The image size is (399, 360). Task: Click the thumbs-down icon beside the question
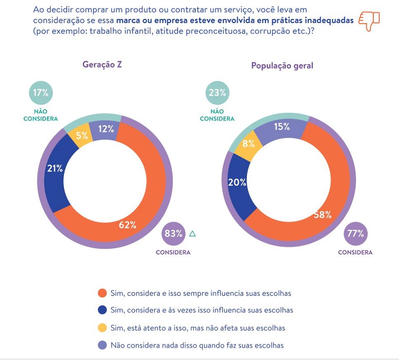369,21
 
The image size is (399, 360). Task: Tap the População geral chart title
282,66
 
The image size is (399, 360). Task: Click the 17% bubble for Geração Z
41,93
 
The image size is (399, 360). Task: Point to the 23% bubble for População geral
217,93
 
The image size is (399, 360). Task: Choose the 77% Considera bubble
355,234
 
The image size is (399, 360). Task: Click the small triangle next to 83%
192,234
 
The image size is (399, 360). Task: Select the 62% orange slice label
128,225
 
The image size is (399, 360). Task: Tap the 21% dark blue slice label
55,168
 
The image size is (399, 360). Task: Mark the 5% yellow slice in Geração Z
82,135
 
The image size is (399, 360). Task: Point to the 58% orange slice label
323,215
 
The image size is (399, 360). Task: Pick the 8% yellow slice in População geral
249,143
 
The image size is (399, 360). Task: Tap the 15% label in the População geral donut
281,126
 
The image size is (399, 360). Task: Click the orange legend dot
102,293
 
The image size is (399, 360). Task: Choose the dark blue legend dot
102,310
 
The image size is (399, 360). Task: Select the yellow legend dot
102,328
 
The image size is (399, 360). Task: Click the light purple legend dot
102,345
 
